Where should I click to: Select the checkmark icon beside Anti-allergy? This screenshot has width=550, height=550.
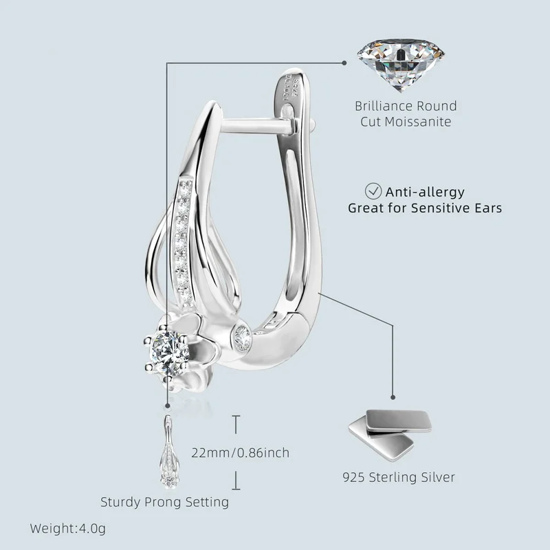tap(373, 191)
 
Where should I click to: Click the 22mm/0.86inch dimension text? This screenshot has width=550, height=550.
tap(240, 452)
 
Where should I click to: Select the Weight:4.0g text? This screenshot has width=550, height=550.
tap(67, 529)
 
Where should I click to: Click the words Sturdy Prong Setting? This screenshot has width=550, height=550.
tap(164, 502)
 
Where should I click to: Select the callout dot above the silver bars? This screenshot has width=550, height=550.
tap(393, 397)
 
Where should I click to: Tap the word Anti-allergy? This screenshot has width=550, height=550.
tap(426, 192)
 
